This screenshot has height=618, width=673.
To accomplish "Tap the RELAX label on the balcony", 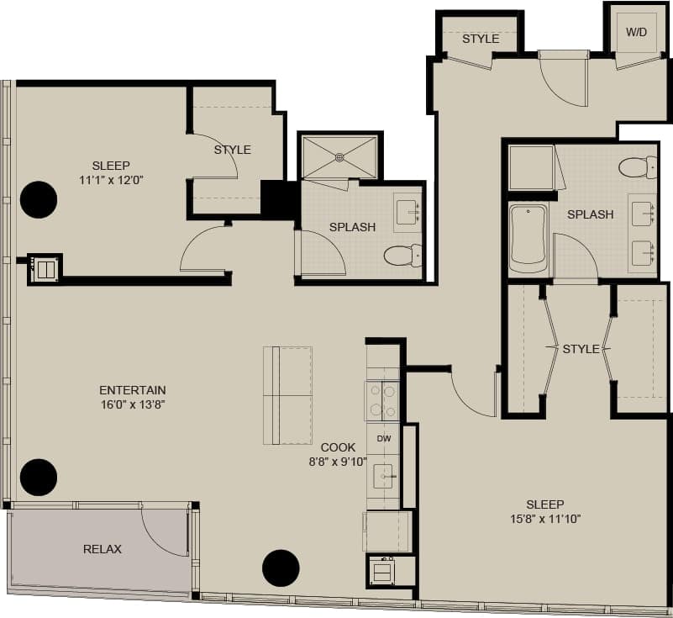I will point(103,549).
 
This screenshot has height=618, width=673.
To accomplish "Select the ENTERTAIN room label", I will point(133,390).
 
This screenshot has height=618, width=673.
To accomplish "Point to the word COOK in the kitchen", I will point(338,447).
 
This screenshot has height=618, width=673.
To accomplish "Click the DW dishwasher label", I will point(383,439).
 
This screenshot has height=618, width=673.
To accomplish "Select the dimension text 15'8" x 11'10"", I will point(544,518).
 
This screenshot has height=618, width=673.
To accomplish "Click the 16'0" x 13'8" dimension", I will point(132,404).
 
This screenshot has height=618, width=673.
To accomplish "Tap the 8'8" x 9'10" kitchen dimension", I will point(338,461).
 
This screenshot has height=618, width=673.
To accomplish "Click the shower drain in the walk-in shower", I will point(339,156).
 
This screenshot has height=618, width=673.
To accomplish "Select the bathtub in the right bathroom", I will point(528,238).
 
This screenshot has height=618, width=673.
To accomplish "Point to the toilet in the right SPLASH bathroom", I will point(638,167).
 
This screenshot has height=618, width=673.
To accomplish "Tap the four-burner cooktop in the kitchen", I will point(382,400).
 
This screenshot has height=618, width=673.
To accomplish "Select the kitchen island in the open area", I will point(287,395).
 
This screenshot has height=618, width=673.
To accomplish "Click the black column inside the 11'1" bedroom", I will point(39,200).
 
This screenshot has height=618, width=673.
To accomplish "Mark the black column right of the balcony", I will point(281,568).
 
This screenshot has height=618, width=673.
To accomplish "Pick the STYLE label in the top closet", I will point(481,39).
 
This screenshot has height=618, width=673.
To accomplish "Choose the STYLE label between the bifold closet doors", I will point(581,349).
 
